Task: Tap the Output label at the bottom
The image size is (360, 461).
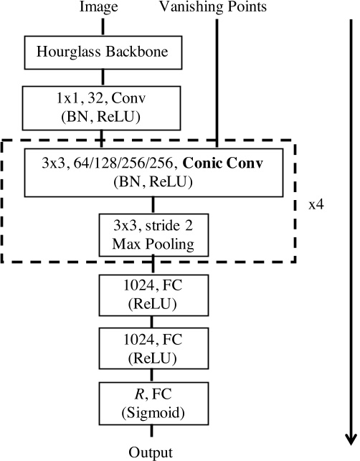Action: click(151, 452)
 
